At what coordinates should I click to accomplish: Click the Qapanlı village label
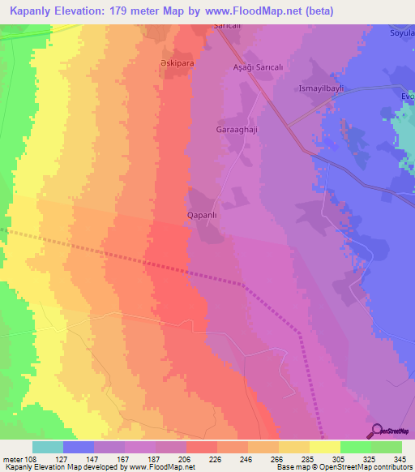(201, 217)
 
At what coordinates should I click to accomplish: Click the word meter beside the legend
(13, 457)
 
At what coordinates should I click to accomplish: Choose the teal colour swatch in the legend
(48, 447)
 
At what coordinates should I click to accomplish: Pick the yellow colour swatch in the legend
(325, 447)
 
